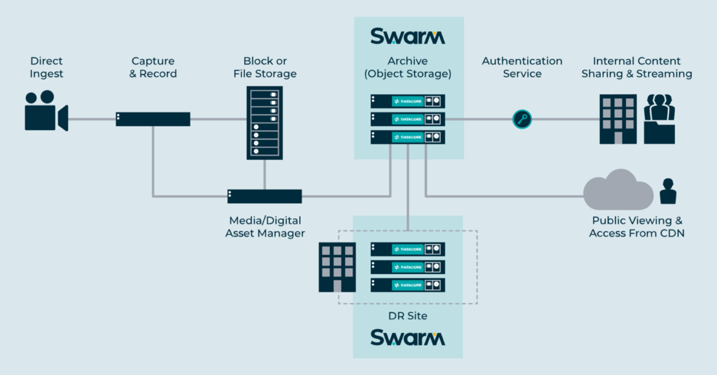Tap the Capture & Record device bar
point(153,119)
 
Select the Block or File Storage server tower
point(265,123)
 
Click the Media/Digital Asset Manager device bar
point(264,197)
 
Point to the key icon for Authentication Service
point(522,119)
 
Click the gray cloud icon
point(618,189)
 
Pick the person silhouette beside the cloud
point(667,191)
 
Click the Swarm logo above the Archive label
point(408,36)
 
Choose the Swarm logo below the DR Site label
point(408,337)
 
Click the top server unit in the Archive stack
point(408,102)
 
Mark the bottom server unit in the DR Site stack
point(408,284)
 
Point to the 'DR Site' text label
point(408,316)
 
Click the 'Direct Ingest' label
point(47,67)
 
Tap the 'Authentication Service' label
point(522,67)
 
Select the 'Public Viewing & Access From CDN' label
point(637,227)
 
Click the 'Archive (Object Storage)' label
point(408,67)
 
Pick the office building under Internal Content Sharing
point(618,119)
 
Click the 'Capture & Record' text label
point(153,67)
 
